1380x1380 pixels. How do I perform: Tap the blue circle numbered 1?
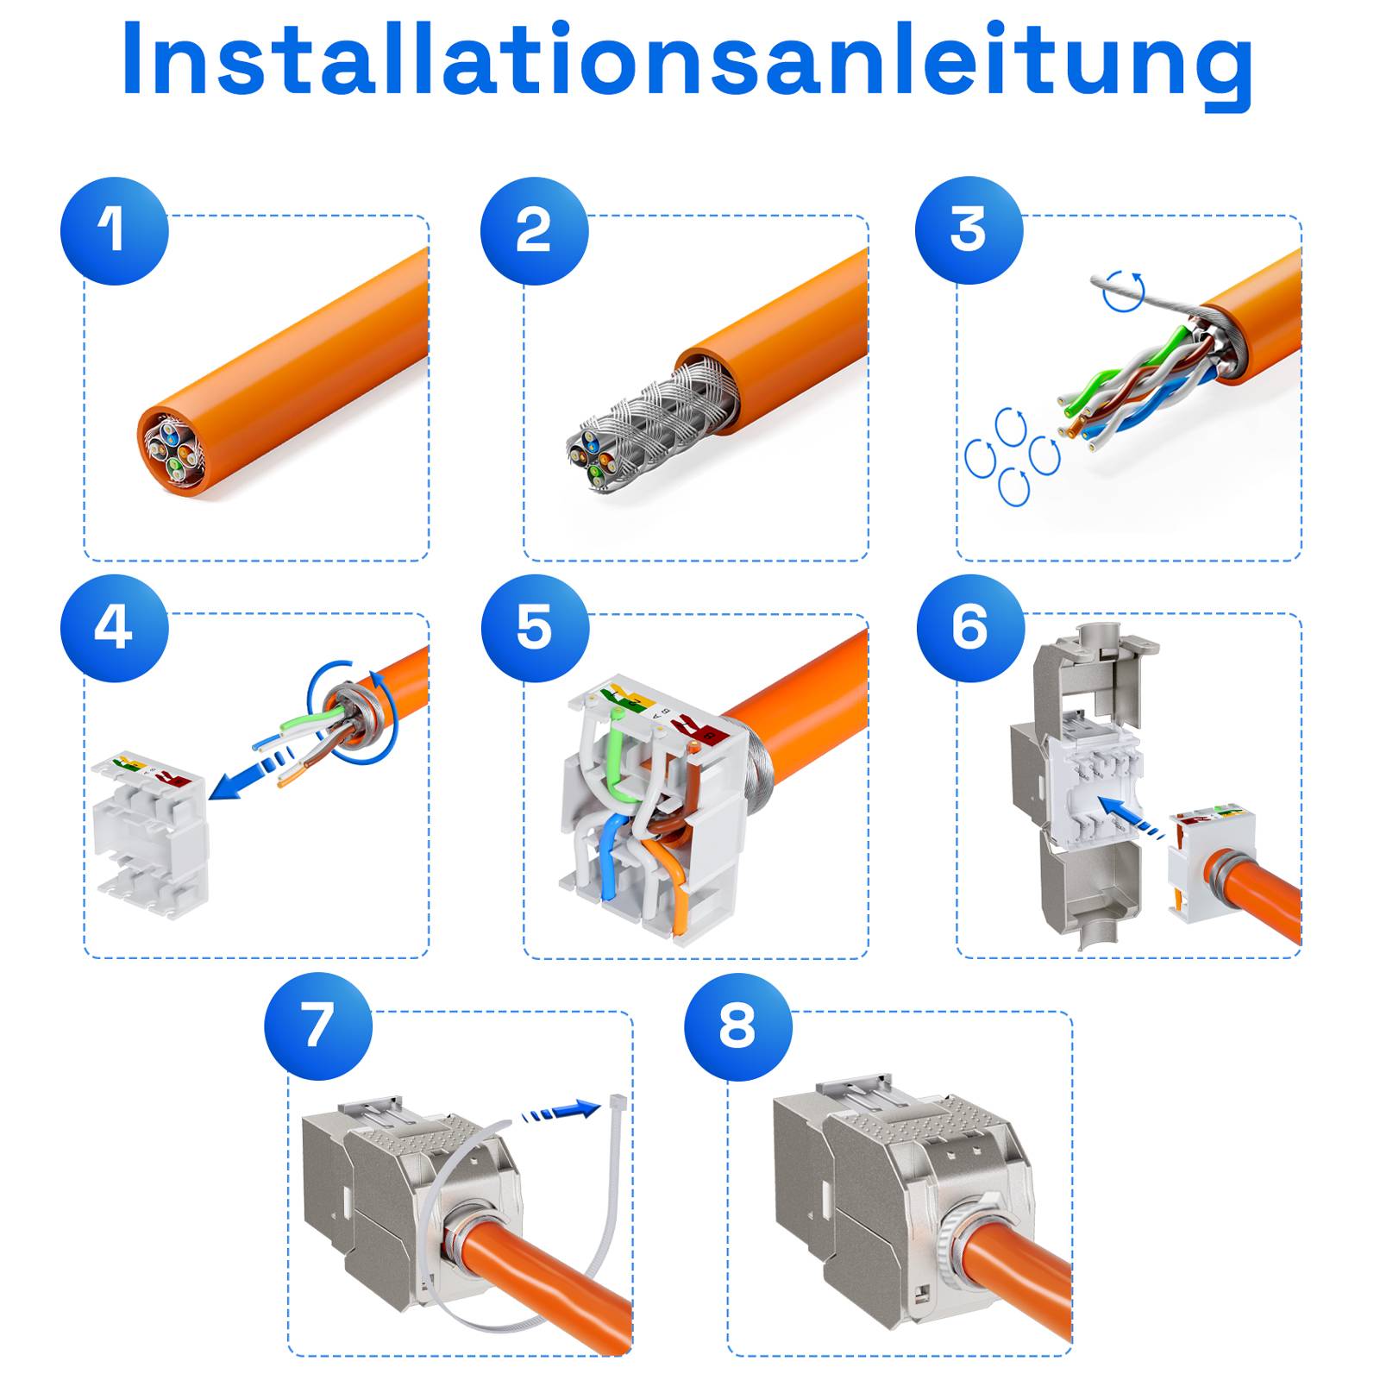114,231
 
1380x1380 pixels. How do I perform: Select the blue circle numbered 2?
534,231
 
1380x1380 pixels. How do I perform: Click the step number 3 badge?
969,230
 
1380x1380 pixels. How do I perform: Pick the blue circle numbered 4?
114,628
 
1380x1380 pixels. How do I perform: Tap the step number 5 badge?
534,628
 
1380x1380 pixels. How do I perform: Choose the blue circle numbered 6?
969,628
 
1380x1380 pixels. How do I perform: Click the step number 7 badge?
317,1026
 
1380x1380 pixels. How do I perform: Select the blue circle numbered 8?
737,1026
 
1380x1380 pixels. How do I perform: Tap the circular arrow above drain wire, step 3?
1125,292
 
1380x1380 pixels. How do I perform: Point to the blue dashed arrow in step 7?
561,1113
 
